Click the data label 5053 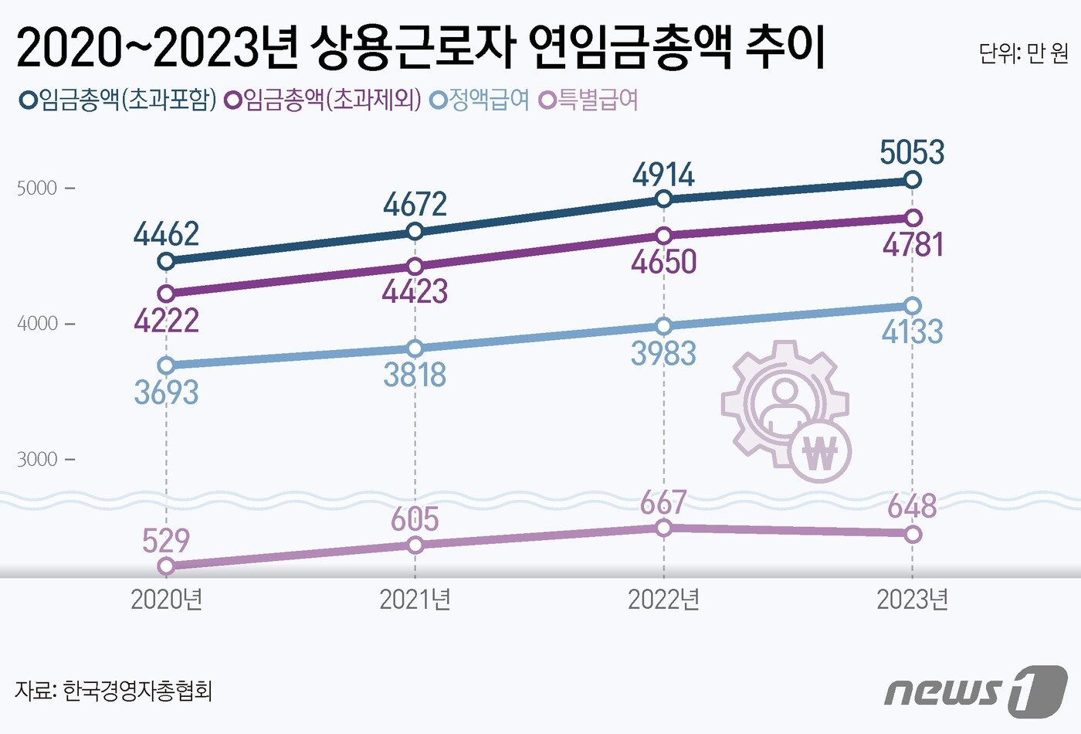coord(912,152)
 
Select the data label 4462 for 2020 coord(166,234)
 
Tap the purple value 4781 coord(913,245)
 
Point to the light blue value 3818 coord(415,375)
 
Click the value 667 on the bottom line coord(663,503)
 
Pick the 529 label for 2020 coord(166,540)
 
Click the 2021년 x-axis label coord(415,600)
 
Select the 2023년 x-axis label coord(912,600)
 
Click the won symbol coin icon coord(820,452)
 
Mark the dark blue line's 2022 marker coord(663,199)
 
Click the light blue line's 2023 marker coord(912,306)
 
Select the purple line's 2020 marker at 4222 coord(166,293)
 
